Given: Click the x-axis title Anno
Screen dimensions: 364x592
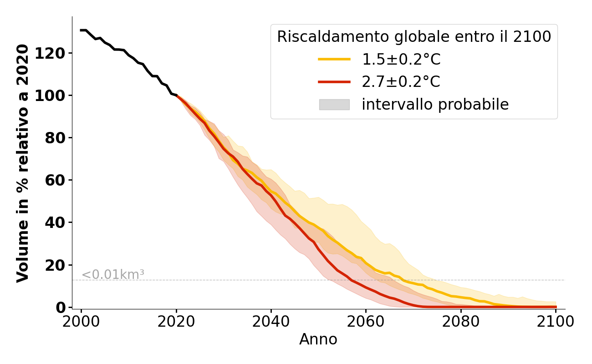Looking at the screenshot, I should point(318,339).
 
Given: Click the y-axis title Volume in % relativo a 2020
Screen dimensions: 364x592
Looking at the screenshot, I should point(23,163).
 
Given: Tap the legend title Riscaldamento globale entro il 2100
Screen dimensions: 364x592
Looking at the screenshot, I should point(414,37).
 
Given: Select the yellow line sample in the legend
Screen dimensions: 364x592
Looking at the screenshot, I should point(334,59).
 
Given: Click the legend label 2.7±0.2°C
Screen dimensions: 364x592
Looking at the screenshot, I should point(401,82).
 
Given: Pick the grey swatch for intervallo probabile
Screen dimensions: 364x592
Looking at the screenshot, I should point(334,105).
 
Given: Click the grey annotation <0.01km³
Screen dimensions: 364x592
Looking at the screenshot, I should point(113,275).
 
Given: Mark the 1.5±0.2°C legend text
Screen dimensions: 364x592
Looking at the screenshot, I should point(401,59).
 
